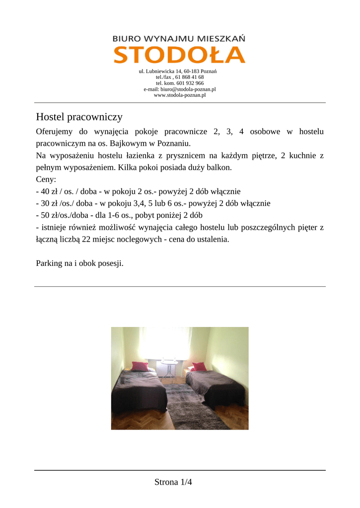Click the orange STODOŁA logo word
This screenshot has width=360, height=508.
point(179,55)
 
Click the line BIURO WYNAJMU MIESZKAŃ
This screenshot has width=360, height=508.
point(179,38)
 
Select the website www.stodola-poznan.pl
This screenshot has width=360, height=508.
point(180,95)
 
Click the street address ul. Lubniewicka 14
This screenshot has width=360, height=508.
point(160,71)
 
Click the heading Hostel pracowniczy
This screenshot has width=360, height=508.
point(79,117)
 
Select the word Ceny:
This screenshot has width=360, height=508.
point(46,180)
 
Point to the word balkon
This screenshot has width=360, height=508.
point(220,168)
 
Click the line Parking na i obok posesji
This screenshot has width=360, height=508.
point(79,263)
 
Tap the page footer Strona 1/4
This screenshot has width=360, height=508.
point(173,482)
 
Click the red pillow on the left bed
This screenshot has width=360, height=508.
point(141,367)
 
